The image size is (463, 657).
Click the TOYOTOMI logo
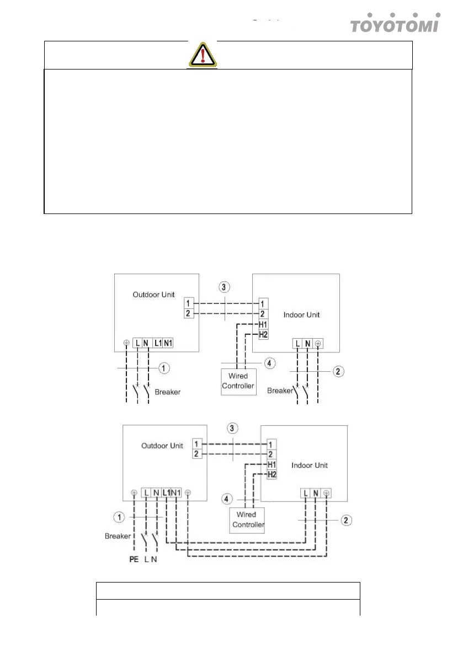point(395,24)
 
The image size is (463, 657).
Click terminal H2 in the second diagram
point(270,474)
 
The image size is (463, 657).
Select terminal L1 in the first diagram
point(157,343)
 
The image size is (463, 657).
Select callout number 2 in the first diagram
point(337,370)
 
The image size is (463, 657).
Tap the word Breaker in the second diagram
point(118,536)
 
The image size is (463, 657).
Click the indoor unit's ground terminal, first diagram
point(318,343)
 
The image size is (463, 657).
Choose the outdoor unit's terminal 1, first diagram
point(190,303)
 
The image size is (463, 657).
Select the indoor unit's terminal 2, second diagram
point(270,455)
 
